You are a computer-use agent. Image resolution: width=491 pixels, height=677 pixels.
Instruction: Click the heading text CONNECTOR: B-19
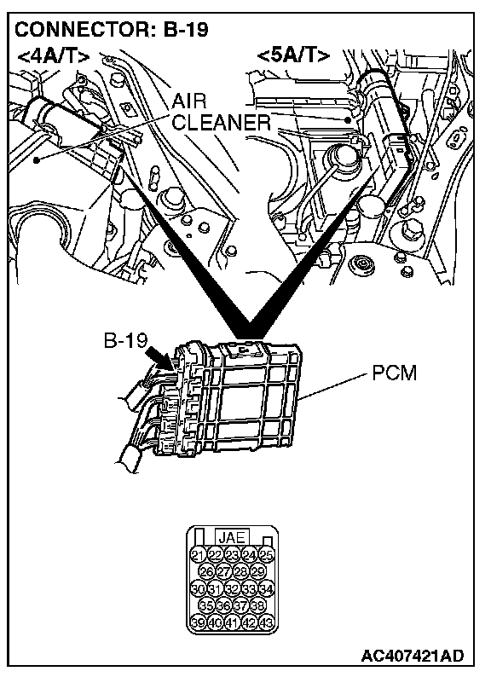(x=111, y=29)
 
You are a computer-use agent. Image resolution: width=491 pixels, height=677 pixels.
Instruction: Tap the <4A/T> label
(x=54, y=56)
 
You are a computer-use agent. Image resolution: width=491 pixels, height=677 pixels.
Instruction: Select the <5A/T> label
(x=293, y=55)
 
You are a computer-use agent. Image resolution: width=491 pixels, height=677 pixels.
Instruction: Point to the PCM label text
(x=395, y=373)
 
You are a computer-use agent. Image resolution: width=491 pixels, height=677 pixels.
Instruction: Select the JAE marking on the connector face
(x=232, y=537)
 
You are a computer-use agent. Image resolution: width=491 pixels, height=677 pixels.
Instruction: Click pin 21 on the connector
(x=198, y=555)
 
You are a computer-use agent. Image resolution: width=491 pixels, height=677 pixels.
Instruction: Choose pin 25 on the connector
(x=267, y=555)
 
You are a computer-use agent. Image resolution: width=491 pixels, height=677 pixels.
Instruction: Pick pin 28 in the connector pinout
(x=240, y=571)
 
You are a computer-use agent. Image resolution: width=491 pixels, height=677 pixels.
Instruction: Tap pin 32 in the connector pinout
(x=232, y=588)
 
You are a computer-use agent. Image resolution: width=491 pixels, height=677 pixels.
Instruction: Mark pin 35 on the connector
(x=206, y=605)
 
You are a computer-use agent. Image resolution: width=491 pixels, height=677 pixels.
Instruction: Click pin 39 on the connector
(x=198, y=622)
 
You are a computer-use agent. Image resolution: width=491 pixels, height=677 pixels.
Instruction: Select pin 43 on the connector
(x=267, y=622)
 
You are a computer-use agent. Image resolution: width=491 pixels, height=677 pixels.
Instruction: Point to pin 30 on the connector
(x=198, y=588)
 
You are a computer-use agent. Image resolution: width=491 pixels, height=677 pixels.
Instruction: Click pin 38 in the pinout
(x=257, y=605)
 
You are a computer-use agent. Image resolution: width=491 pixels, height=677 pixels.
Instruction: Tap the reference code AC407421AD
(x=412, y=656)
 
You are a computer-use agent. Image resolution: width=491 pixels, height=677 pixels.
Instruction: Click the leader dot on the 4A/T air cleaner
(x=38, y=160)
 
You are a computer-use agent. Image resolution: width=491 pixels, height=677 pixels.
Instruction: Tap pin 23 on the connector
(x=232, y=555)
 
